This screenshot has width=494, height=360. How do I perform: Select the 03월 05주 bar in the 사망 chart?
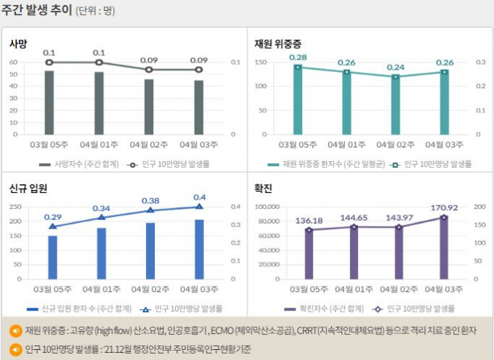pyautogui.click(x=49, y=102)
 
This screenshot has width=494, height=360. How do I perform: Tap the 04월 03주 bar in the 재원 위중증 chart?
pyautogui.click(x=445, y=102)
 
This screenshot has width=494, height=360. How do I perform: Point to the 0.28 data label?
pyautogui.click(x=298, y=57)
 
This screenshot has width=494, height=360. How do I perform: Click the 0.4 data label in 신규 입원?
pyautogui.click(x=200, y=197)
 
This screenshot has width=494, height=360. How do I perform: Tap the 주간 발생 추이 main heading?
pyautogui.click(x=36, y=12)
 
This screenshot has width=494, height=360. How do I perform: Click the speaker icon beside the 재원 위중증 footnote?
pyautogui.click(x=15, y=331)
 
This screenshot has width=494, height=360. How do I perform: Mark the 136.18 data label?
pyautogui.click(x=309, y=221)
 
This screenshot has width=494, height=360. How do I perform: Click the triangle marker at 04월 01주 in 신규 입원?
pyautogui.click(x=101, y=217)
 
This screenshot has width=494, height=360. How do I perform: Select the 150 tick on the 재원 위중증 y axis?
pyautogui.click(x=263, y=62)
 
